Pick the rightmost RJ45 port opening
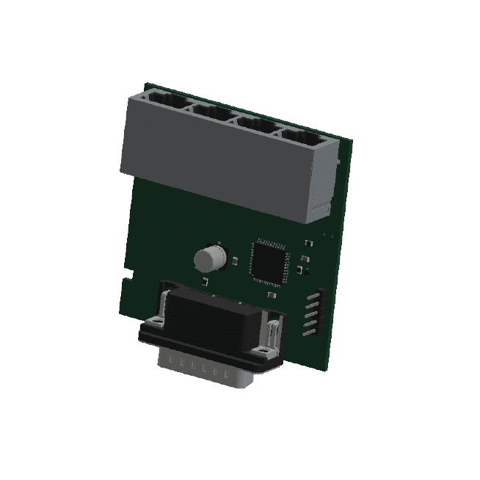click(x=301, y=137)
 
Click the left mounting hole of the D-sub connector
click(x=155, y=323)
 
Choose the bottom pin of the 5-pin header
click(x=303, y=330)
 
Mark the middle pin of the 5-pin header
click(x=306, y=313)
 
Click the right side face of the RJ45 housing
click(x=322, y=183)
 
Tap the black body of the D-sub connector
click(x=213, y=319)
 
